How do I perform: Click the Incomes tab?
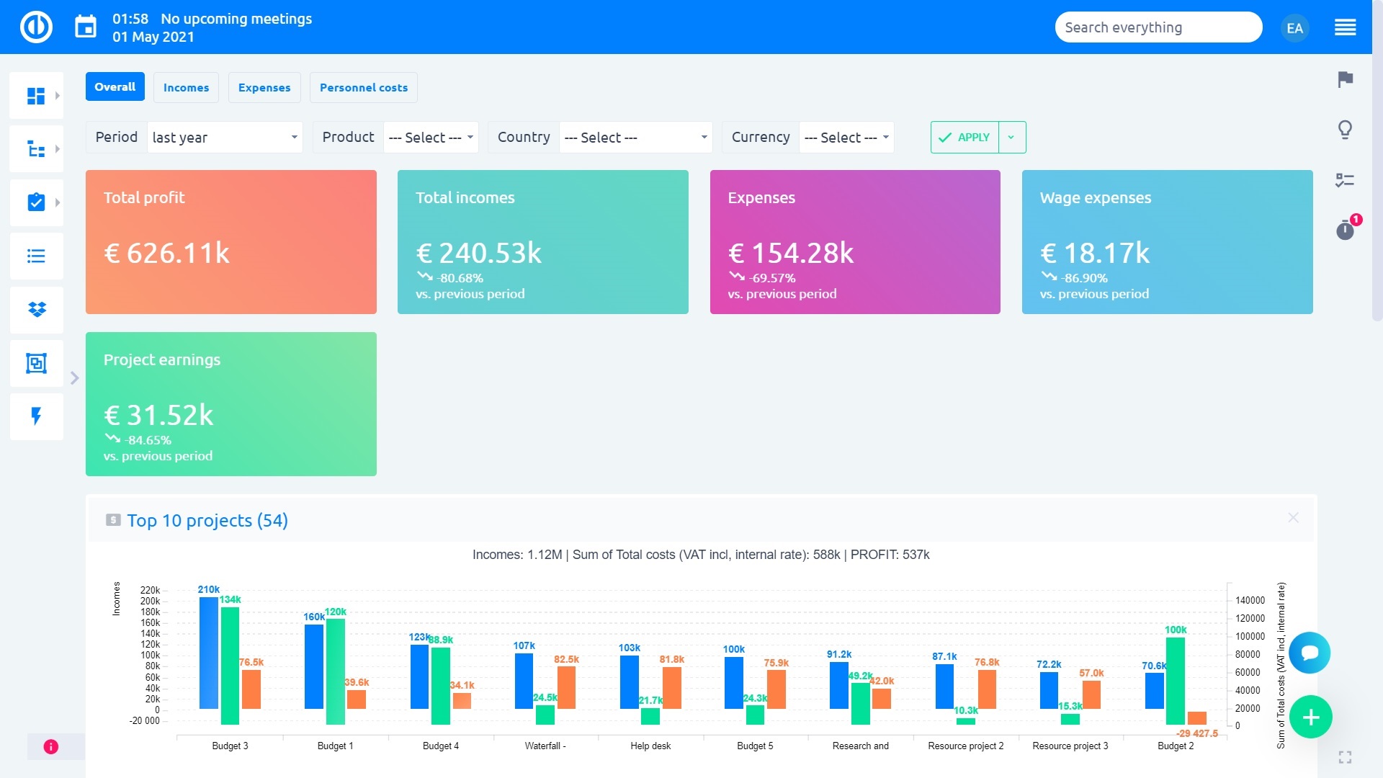pos(186,87)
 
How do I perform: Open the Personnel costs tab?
pos(363,87)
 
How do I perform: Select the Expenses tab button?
pos(264,87)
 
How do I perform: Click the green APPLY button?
pos(964,137)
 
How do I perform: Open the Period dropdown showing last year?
pos(225,137)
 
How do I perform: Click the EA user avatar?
pos(1294,28)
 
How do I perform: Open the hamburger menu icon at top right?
pos(1345,28)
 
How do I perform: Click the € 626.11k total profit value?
pos(167,253)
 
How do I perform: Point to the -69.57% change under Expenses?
pos(772,278)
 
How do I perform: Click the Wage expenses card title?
pos(1095,197)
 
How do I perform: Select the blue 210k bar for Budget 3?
pos(208,652)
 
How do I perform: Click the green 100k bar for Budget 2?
pos(1175,680)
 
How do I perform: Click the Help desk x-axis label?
pos(650,746)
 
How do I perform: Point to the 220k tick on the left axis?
pos(150,590)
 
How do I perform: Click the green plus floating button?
pos(1310,717)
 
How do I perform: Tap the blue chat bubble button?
pos(1310,653)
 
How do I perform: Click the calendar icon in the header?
pos(86,27)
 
